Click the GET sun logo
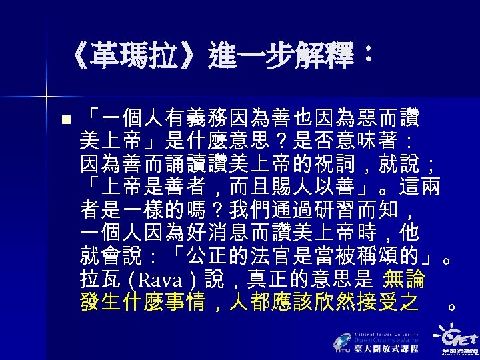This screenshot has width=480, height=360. [x=453, y=334]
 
